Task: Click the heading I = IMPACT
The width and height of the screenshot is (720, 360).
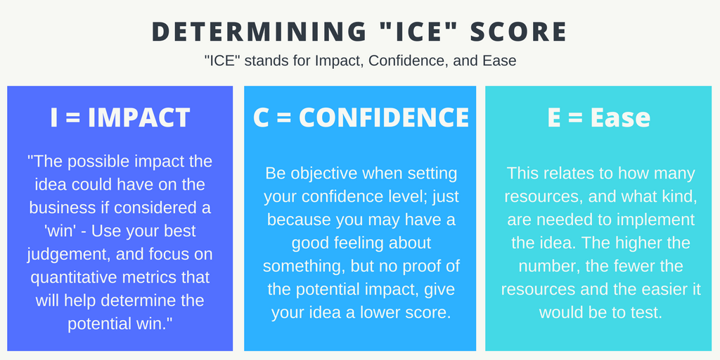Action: tap(120, 117)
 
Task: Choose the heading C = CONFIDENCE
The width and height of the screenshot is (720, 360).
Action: tap(361, 117)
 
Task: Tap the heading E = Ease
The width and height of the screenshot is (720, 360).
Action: tap(598, 117)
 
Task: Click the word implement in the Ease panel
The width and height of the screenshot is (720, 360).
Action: tap(653, 220)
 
